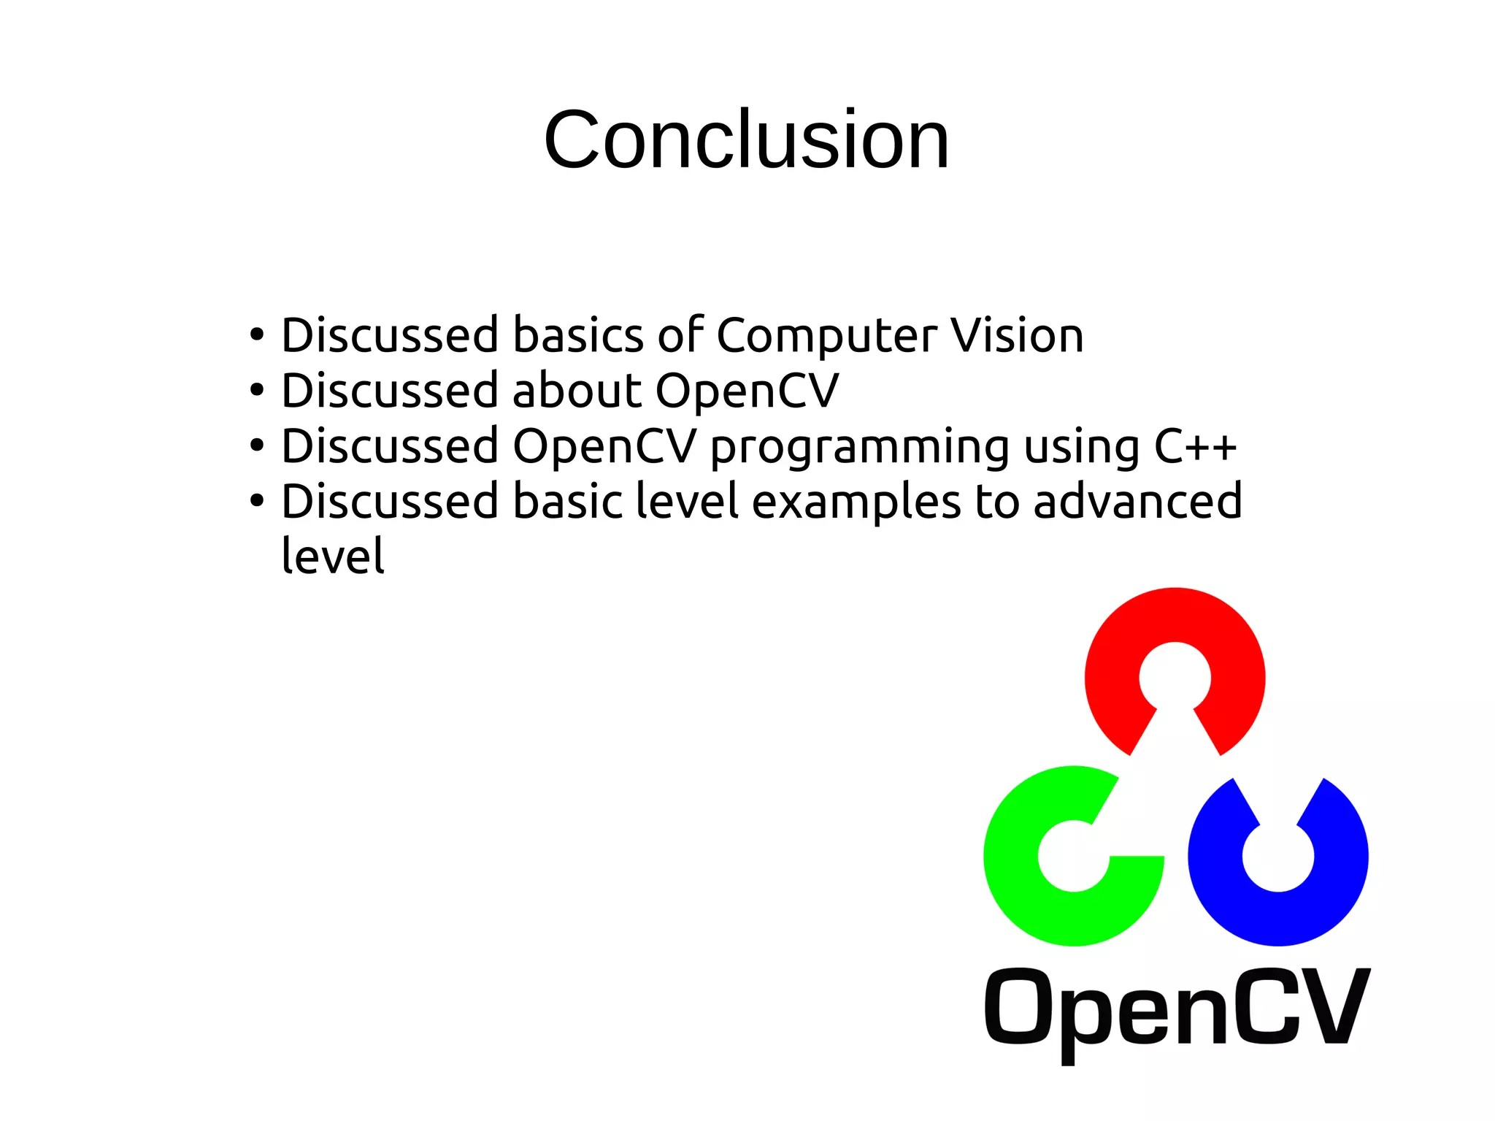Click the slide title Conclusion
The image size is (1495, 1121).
[746, 139]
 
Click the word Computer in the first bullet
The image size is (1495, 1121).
[826, 336]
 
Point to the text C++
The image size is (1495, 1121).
[1195, 446]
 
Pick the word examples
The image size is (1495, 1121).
[856, 503]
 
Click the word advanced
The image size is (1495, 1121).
[1137, 502]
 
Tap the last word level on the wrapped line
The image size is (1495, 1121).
[333, 556]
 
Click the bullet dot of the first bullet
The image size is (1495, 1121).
[256, 335]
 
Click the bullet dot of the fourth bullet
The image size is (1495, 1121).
[256, 502]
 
